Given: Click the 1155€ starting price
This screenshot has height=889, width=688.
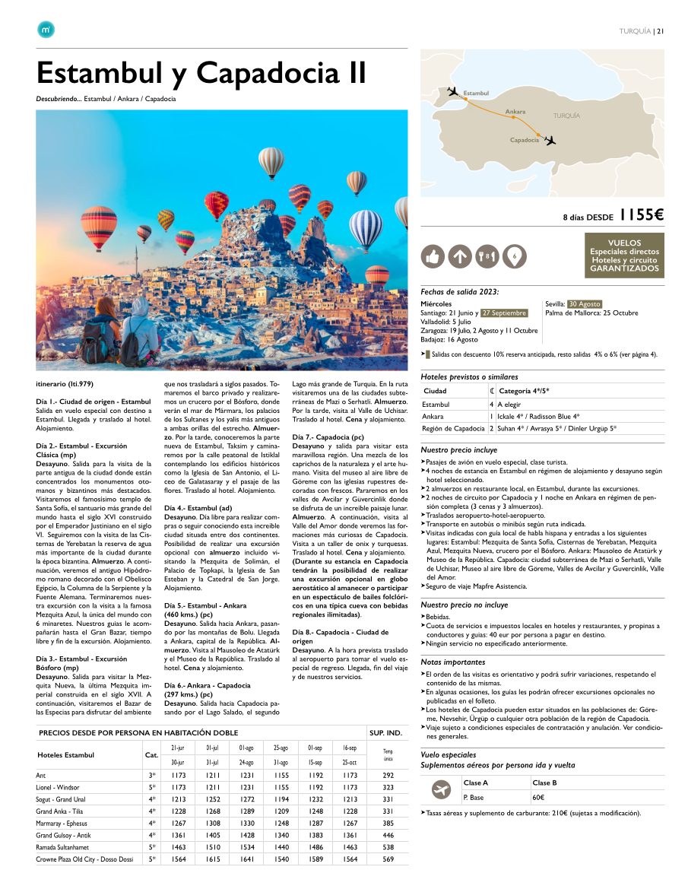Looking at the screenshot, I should click(642, 215).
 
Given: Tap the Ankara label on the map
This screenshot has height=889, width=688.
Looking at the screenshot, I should click(515, 112).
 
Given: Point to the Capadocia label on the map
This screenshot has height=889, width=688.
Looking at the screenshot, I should click(525, 140).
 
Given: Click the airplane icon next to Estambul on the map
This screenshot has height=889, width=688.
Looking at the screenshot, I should click(455, 92).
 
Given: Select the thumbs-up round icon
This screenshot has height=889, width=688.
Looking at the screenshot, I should click(433, 257).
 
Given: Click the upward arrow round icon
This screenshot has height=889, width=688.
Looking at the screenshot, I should click(460, 257).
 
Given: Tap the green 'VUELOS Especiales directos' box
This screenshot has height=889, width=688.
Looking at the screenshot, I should click(624, 256).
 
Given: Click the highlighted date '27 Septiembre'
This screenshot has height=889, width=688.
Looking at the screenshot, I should click(503, 313).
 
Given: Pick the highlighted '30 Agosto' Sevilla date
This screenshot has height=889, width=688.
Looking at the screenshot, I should click(585, 304).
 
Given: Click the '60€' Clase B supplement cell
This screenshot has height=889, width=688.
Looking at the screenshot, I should click(538, 798).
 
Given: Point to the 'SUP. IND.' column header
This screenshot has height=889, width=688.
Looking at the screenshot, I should click(385, 733).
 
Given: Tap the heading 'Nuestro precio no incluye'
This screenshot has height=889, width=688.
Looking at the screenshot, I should click(464, 605).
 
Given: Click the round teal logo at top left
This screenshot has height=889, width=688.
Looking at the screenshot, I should click(45, 30).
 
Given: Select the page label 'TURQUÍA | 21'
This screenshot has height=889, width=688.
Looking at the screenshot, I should click(642, 31).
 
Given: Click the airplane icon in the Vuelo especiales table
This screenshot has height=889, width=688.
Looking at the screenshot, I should click(439, 790).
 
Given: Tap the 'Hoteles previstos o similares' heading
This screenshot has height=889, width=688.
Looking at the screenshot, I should click(469, 376).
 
